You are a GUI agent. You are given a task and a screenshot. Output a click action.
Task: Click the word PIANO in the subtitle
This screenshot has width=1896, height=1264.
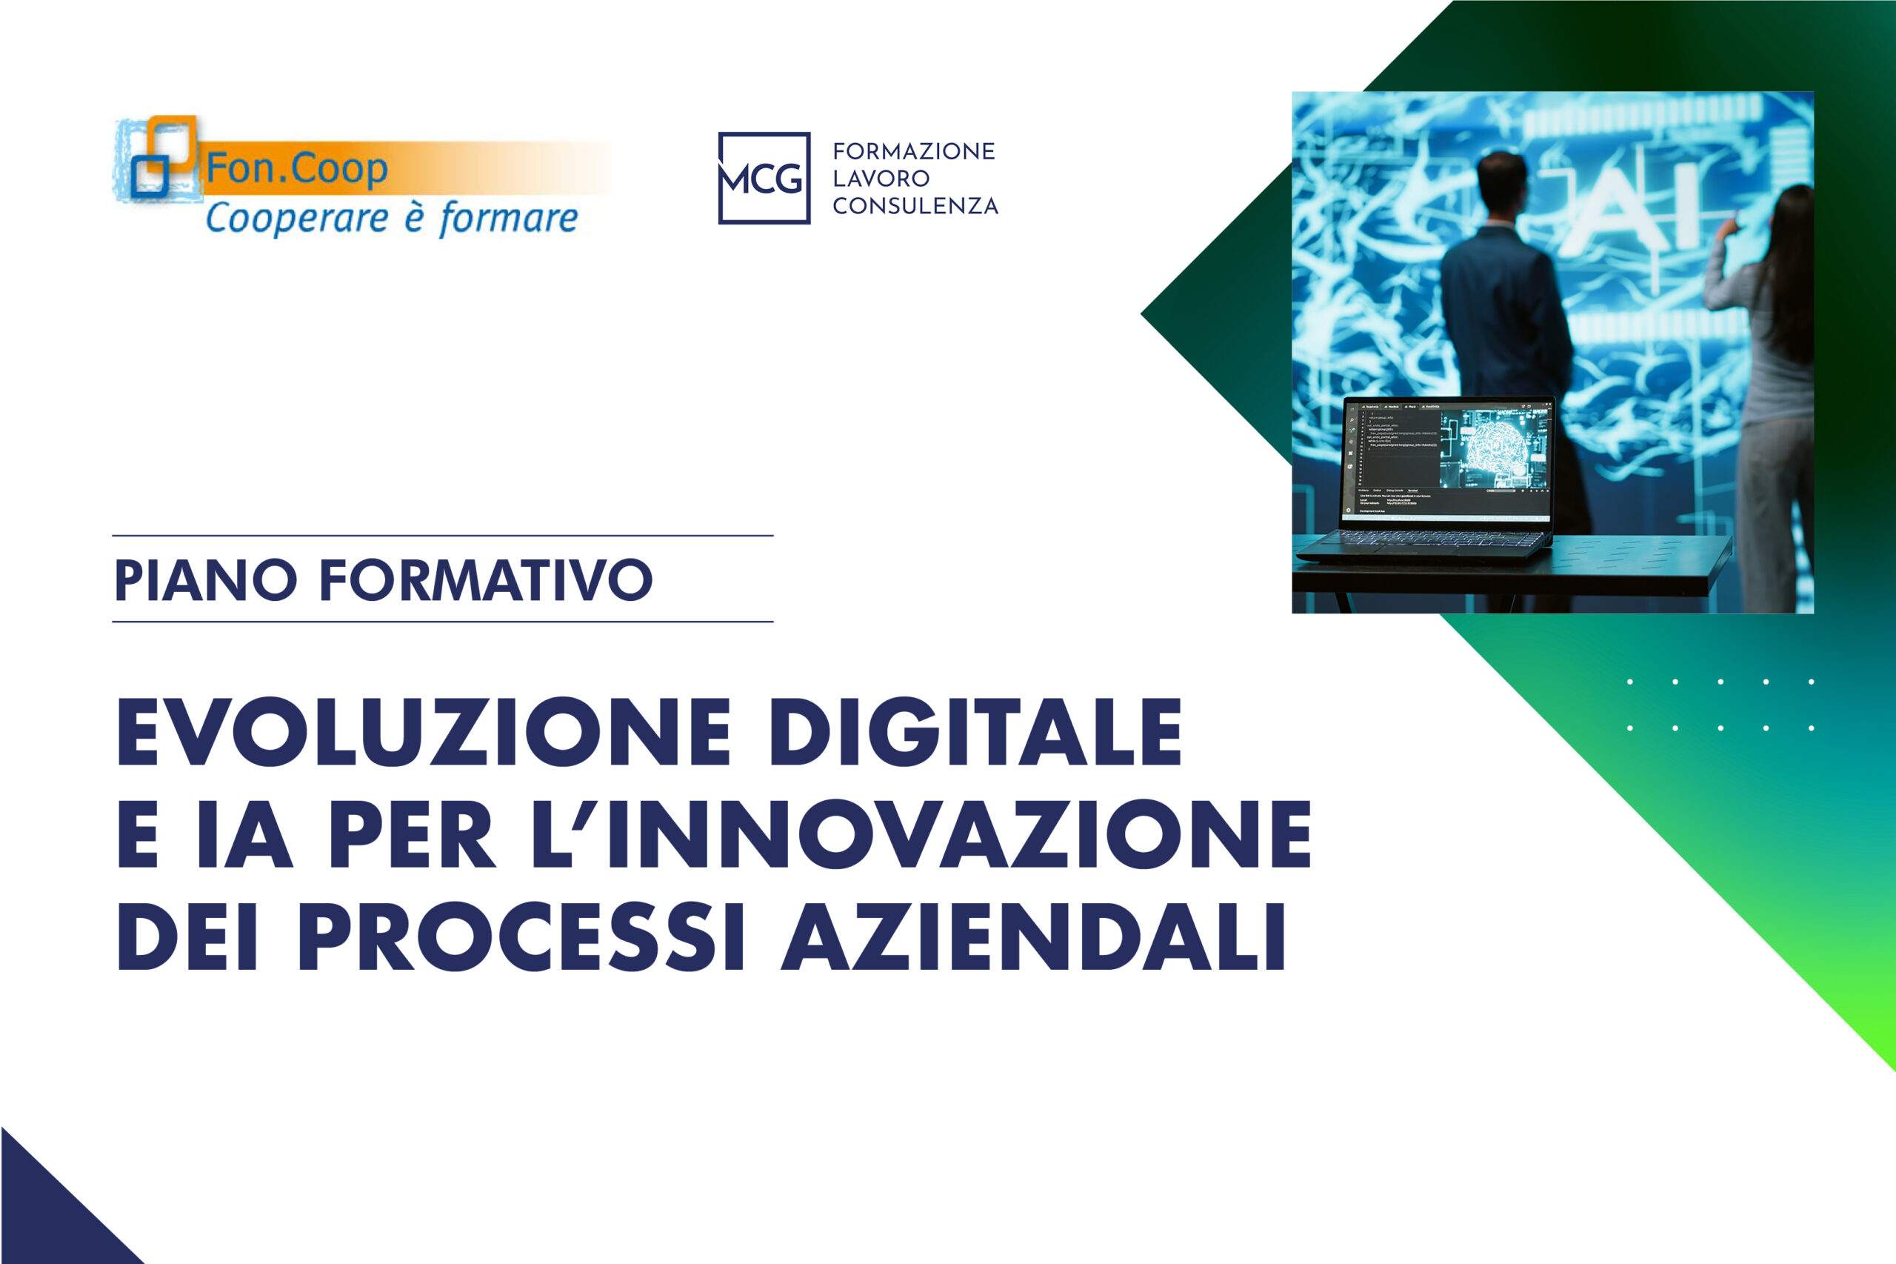[x=205, y=579]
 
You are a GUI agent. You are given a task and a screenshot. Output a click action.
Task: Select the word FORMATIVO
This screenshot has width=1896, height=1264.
[x=486, y=579]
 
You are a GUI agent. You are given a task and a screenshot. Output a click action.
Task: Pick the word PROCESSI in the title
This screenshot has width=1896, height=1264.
[x=521, y=937]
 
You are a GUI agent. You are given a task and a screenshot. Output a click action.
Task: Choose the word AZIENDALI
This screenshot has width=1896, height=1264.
[x=1033, y=937]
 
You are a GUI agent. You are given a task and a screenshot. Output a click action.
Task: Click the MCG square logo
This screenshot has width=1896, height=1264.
[x=763, y=178]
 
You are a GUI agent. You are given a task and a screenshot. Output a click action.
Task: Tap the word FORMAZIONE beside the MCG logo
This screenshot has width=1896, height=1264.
[x=914, y=152]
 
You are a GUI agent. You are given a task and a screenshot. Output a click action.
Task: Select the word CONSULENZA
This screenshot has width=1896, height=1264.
[x=915, y=207]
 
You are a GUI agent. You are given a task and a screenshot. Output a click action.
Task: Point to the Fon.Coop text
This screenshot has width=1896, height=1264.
[x=296, y=168]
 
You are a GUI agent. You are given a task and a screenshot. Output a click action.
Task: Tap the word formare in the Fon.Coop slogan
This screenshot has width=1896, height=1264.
[x=509, y=219]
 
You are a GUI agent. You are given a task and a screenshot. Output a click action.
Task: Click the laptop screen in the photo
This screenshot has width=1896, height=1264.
[x=1447, y=459]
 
